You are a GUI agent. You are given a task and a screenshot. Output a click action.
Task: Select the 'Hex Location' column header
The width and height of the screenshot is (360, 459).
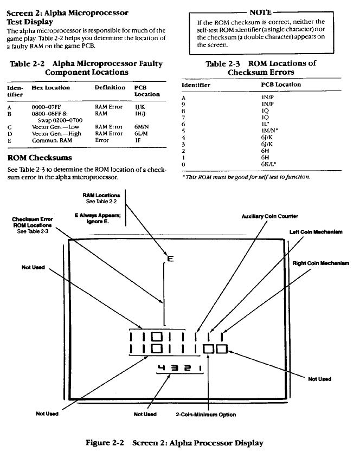[x=51, y=87]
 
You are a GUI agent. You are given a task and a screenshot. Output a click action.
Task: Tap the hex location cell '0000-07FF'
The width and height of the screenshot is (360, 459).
[x=48, y=107]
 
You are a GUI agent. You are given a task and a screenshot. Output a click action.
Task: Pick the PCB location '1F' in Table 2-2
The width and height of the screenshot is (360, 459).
[x=138, y=140]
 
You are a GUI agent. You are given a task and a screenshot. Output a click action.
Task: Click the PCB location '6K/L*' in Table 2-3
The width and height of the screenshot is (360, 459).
[x=268, y=164]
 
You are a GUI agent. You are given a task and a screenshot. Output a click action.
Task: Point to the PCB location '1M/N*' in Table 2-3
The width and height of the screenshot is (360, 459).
[x=270, y=131]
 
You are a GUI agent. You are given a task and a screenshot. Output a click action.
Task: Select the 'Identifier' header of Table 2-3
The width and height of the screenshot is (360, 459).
[x=196, y=85]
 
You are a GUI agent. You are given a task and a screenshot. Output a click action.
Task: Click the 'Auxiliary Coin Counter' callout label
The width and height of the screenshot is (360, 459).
[x=269, y=217]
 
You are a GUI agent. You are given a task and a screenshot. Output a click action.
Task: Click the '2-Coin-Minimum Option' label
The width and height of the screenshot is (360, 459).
[x=206, y=415]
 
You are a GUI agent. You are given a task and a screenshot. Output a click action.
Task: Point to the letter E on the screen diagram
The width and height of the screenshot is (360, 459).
[x=170, y=258]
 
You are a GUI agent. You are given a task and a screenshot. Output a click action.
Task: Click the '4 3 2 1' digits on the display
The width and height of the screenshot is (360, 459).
[x=178, y=369]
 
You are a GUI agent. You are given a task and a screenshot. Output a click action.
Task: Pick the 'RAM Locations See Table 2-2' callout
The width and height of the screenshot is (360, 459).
[x=98, y=198]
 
